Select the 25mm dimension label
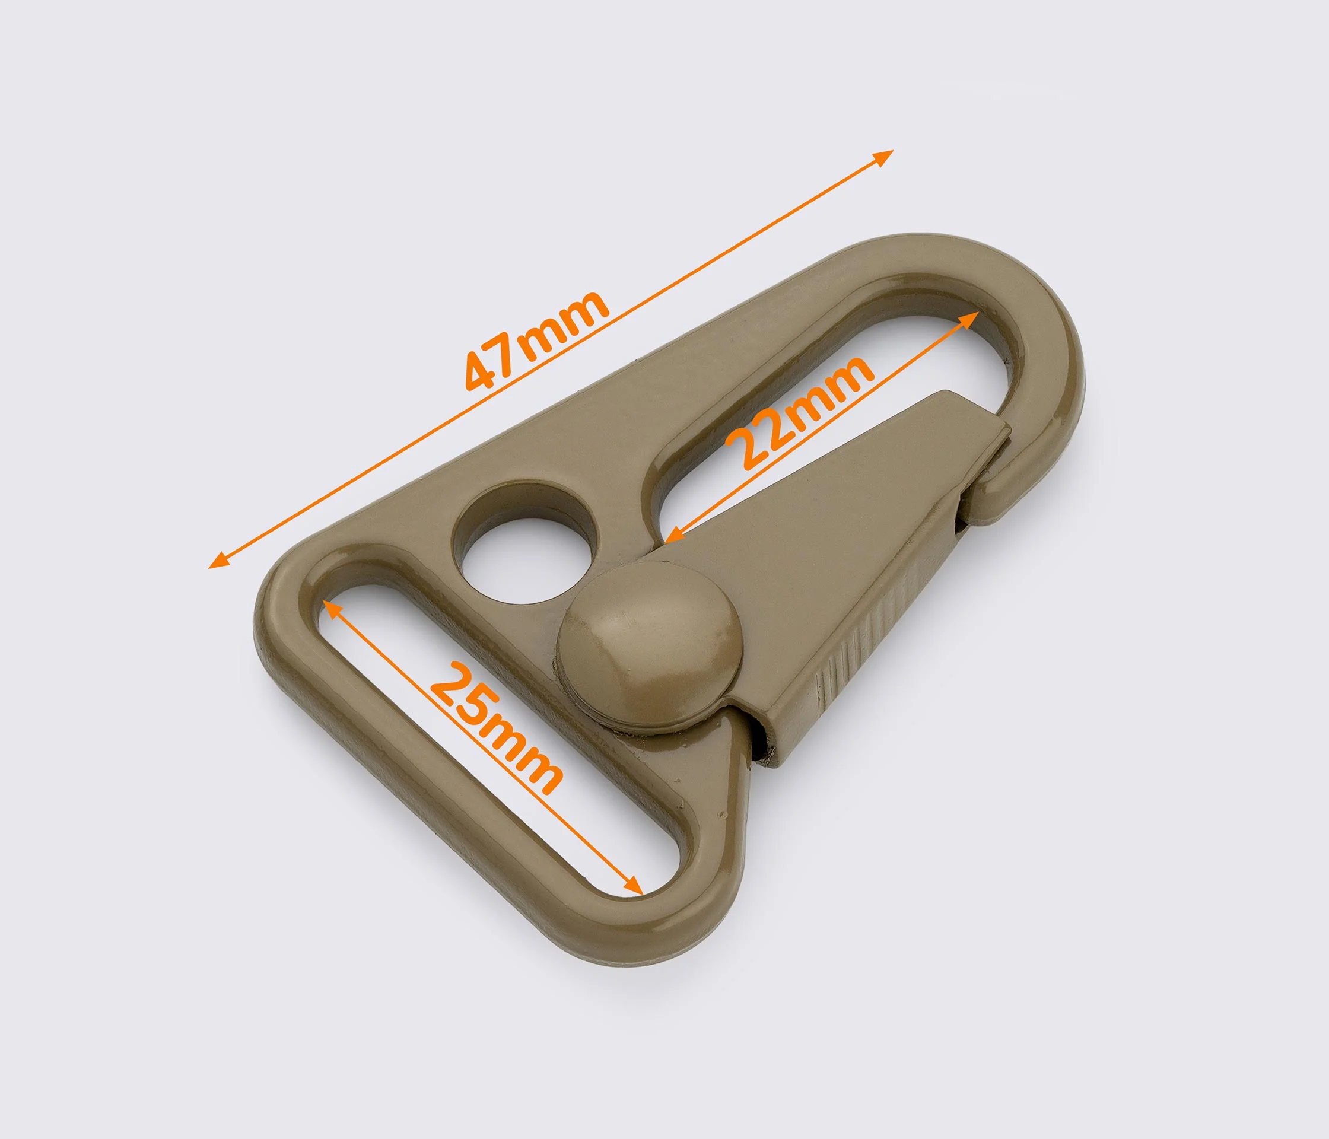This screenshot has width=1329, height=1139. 495,728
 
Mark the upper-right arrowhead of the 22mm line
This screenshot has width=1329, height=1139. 969,318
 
